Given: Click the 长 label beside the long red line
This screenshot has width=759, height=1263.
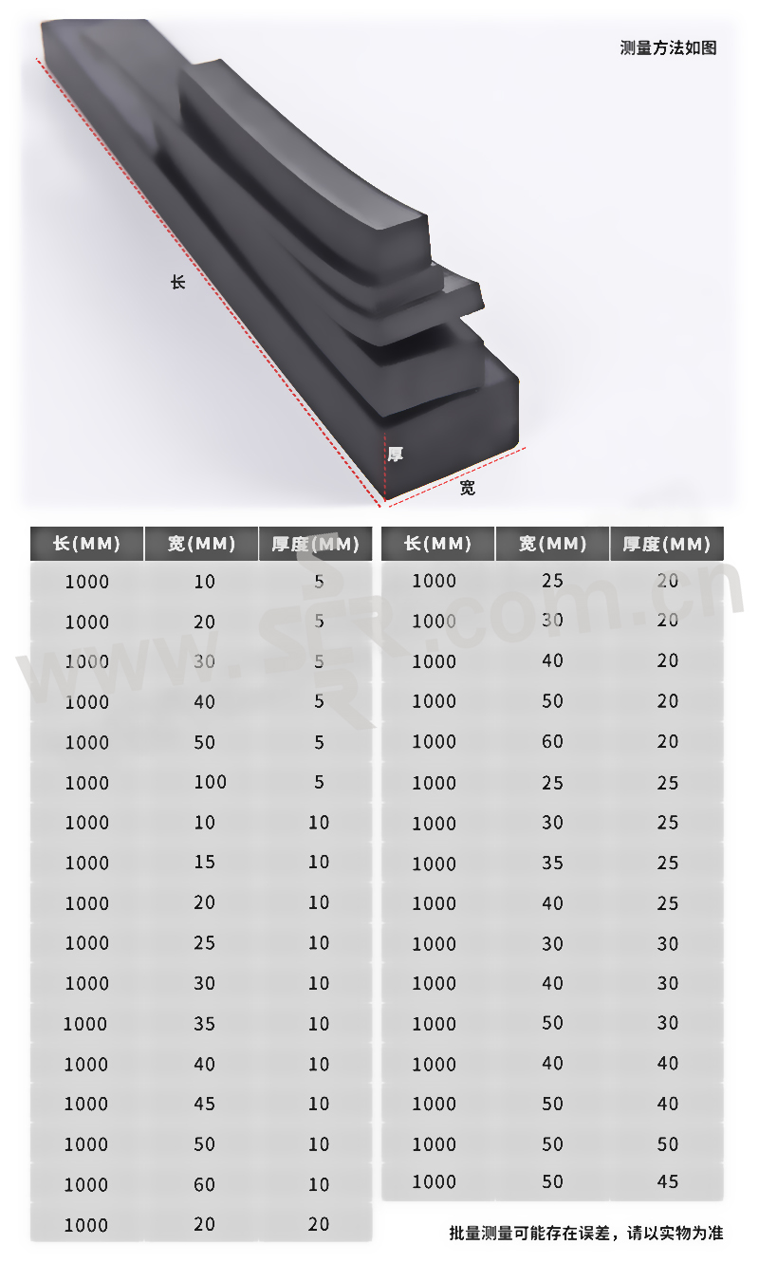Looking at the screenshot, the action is click(178, 282).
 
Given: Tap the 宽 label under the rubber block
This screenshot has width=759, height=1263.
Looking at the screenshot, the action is click(467, 488).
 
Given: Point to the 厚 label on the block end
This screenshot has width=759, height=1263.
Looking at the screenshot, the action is click(396, 454).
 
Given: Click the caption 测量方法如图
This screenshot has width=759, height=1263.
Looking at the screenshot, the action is click(668, 48).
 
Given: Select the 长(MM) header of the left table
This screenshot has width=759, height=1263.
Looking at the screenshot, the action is click(87, 544).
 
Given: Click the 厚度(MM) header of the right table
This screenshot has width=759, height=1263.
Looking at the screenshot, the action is click(667, 544).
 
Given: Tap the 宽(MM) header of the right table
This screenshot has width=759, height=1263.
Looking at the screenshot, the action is click(552, 544).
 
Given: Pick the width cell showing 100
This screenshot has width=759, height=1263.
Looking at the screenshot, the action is click(211, 782).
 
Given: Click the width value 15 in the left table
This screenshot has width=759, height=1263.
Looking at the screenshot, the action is click(204, 863).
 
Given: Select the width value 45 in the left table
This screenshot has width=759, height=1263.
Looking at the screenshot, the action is click(204, 1104).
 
